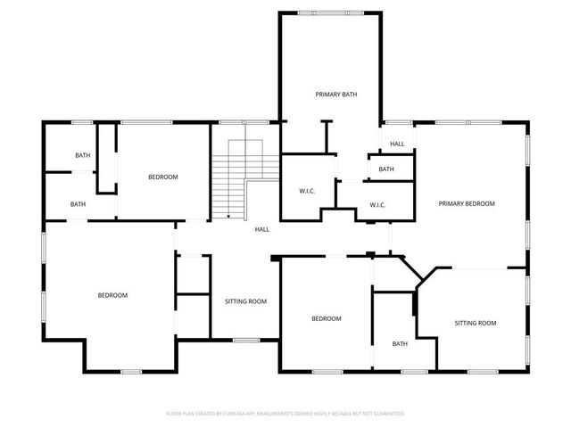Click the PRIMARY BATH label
tap(335, 94)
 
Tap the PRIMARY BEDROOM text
tap(466, 203)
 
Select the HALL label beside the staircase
tap(262, 229)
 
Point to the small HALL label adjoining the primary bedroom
tap(396, 144)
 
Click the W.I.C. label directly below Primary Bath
tap(303, 191)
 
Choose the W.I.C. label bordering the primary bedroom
tap(377, 205)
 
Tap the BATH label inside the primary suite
tap(386, 169)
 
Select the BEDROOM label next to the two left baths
tap(162, 177)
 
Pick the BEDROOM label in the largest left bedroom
tap(112, 295)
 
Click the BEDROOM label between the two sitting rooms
tap(326, 318)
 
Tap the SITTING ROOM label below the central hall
tap(245, 301)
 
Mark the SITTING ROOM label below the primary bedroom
tap(475, 323)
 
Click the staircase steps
tap(229, 178)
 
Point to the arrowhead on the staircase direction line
tap(229, 216)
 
